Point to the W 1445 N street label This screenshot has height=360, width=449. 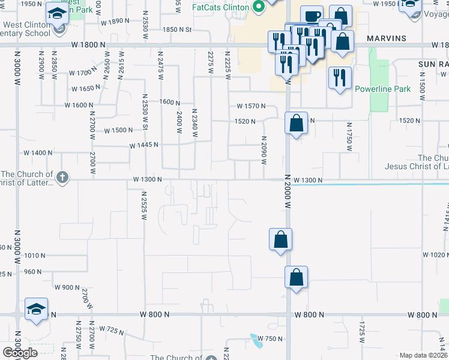(143, 145)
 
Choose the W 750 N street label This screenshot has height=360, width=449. (268, 339)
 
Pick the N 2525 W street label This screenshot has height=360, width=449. (144, 206)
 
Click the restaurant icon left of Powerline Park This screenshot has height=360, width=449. (340, 78)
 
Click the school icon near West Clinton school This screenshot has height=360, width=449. (57, 12)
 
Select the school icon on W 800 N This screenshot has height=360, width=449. (36, 310)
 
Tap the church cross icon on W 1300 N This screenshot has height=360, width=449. (62, 177)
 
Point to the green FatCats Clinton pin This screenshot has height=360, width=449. (259, 7)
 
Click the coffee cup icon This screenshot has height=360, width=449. (312, 16)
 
